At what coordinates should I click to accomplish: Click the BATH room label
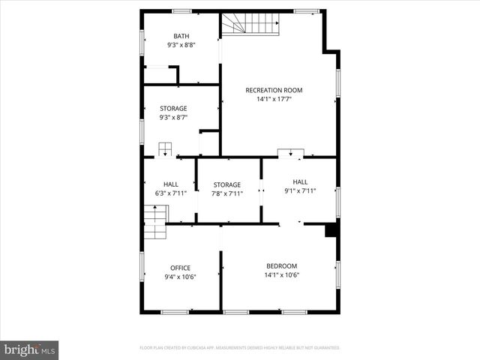[181, 36]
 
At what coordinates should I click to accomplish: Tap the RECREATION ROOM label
[279, 90]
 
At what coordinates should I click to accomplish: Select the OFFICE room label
[180, 268]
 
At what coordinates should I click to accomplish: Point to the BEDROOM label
[282, 266]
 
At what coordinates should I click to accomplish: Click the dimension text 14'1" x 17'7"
[279, 99]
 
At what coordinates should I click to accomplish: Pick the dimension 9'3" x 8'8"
[181, 45]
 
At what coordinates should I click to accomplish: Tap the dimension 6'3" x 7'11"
[170, 193]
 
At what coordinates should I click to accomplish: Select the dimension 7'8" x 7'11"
[226, 193]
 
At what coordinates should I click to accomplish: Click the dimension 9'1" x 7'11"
[300, 190]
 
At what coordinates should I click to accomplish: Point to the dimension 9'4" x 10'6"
[180, 277]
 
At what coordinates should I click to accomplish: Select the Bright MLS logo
[30, 349]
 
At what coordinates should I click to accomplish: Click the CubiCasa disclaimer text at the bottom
[240, 348]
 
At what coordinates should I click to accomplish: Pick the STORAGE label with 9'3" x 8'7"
[173, 108]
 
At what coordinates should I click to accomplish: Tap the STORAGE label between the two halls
[226, 184]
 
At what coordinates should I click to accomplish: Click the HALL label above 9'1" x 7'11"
[300, 181]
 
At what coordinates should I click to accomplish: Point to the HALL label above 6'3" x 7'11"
[170, 184]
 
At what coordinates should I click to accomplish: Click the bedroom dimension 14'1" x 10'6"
[282, 275]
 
